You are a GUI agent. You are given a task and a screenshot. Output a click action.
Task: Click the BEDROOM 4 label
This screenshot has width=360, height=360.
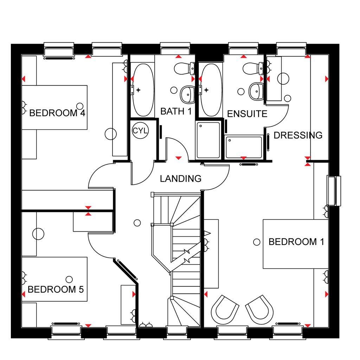click(x=57, y=113)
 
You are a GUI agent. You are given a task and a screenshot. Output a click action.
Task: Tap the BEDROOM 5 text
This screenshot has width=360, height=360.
click(x=56, y=289)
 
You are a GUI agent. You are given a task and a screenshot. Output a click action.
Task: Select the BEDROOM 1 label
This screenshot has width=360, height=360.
click(x=296, y=242)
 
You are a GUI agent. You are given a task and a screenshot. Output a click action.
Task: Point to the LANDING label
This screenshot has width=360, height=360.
click(x=181, y=179)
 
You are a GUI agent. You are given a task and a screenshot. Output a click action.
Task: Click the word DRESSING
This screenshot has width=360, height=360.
click(x=298, y=135)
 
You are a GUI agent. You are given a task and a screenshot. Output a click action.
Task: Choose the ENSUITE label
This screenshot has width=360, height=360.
click(x=247, y=114)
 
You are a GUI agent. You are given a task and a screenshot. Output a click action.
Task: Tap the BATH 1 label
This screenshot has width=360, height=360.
click(x=176, y=111)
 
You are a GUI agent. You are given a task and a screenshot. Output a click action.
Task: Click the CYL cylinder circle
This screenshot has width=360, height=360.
click(x=140, y=131)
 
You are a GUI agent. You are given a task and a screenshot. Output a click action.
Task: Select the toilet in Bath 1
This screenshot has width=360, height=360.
click(x=184, y=68)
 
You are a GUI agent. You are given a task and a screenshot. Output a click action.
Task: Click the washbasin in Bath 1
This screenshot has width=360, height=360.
click(x=187, y=94)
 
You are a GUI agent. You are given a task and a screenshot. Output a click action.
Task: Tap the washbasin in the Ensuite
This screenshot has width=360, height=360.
click(x=256, y=92)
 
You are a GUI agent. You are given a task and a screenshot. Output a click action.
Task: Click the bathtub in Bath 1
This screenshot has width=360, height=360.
click(x=142, y=90)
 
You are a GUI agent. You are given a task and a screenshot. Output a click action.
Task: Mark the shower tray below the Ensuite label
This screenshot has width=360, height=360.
click(x=244, y=147)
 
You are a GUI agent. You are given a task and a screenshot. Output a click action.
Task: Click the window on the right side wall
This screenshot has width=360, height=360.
click(x=334, y=191)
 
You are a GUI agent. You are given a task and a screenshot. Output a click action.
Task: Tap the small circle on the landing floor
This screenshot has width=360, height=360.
click(x=137, y=223)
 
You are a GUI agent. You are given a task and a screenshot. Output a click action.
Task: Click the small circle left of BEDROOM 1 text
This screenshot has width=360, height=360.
click(x=257, y=242)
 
